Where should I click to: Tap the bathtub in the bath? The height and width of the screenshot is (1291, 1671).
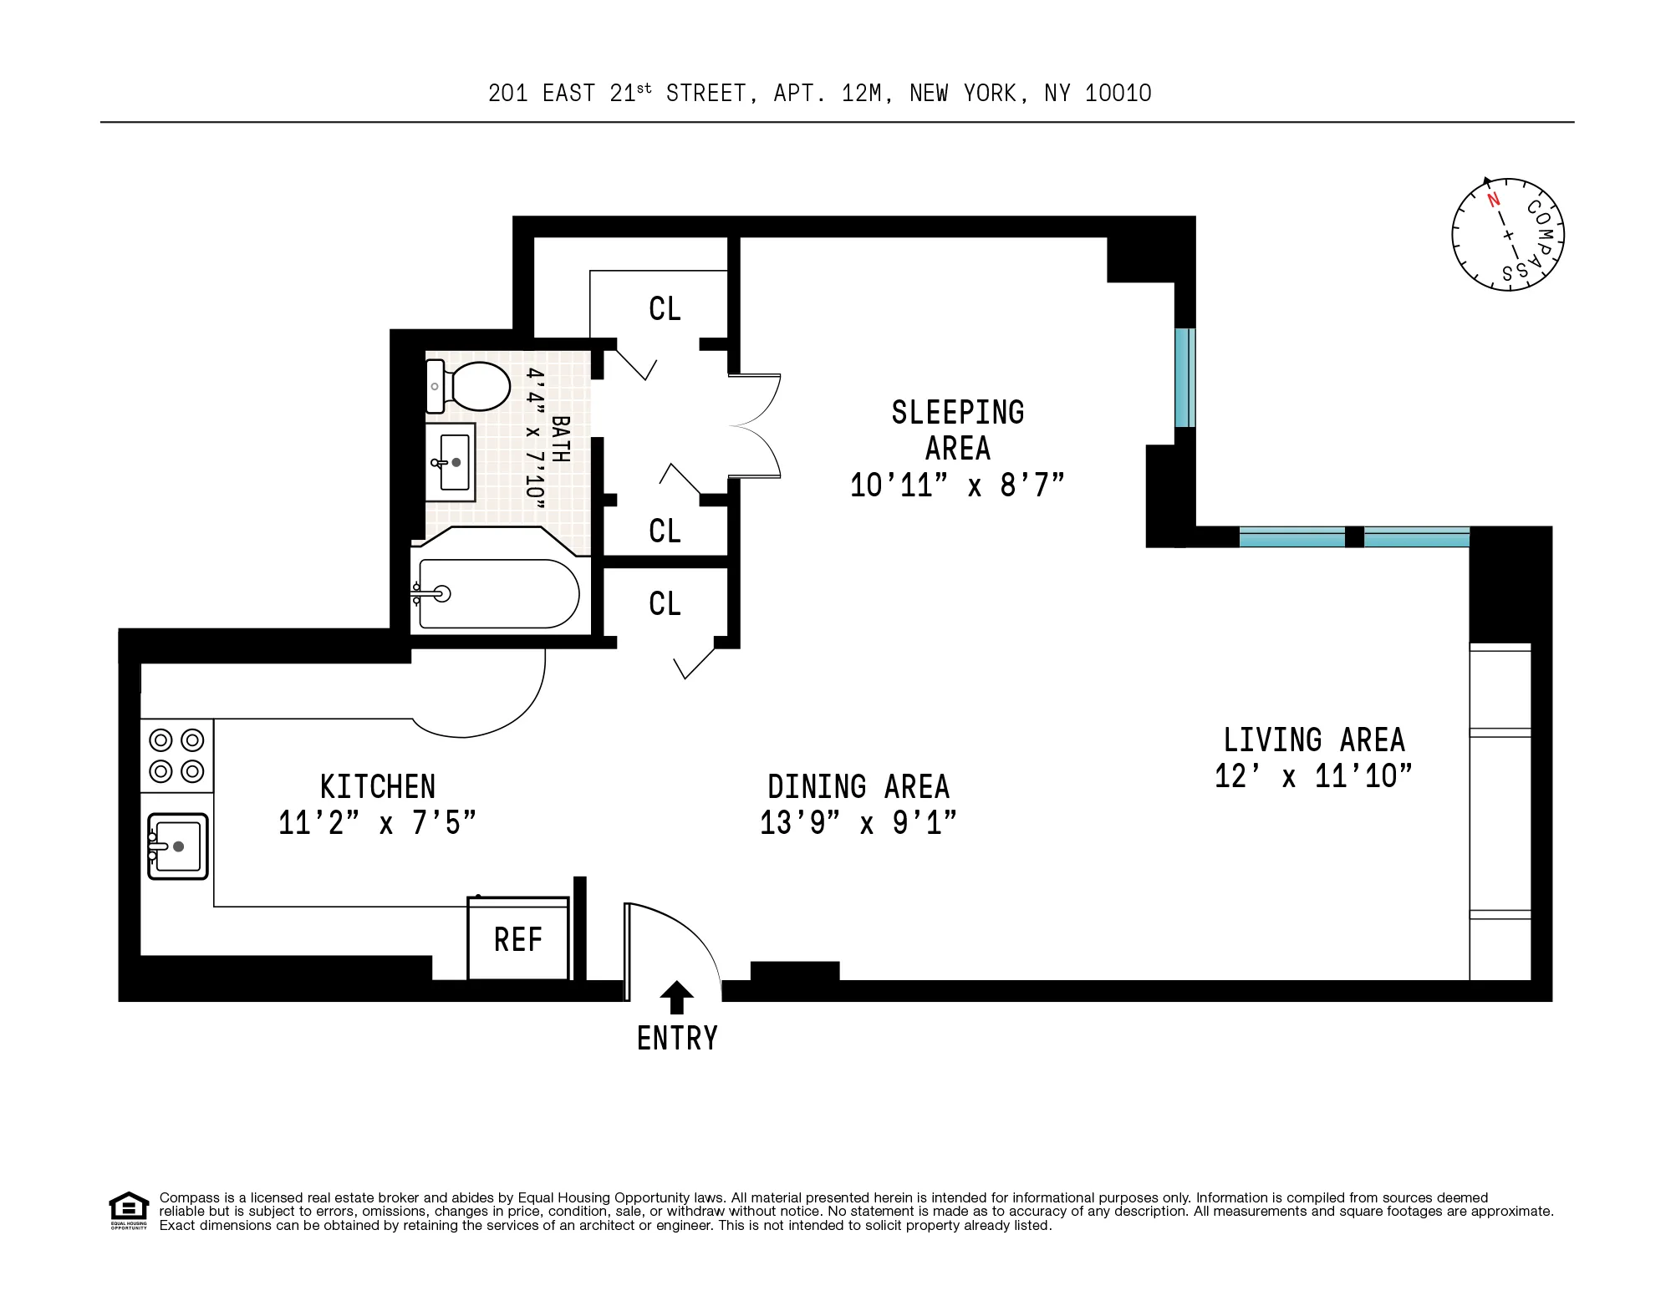click(x=498, y=594)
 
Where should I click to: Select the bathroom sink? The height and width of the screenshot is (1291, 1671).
click(x=451, y=462)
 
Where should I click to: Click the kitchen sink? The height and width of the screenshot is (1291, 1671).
click(x=177, y=846)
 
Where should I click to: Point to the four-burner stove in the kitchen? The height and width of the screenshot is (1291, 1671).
click(x=176, y=755)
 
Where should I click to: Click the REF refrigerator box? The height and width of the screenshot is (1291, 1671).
click(x=518, y=939)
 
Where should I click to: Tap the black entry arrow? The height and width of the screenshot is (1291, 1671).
click(x=676, y=999)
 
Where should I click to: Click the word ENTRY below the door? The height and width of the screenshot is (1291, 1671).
click(x=677, y=1039)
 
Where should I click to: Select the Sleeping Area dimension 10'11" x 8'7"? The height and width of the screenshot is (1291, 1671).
click(x=957, y=485)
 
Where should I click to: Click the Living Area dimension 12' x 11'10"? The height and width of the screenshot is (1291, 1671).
click(x=1313, y=776)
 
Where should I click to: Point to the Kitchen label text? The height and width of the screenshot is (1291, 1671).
click(x=378, y=787)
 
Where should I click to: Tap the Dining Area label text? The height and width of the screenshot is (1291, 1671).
click(x=858, y=787)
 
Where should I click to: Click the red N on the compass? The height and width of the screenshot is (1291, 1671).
click(x=1494, y=200)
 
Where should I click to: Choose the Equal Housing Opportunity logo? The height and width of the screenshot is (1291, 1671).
click(x=129, y=1210)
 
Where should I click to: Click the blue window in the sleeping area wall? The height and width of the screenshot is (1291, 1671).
click(x=1184, y=378)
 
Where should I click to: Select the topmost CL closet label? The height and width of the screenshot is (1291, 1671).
click(x=665, y=309)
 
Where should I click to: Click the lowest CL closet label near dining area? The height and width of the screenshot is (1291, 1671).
click(x=665, y=604)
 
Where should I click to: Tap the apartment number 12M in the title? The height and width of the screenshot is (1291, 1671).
click(x=861, y=94)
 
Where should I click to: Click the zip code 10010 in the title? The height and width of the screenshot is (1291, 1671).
click(x=1118, y=94)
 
